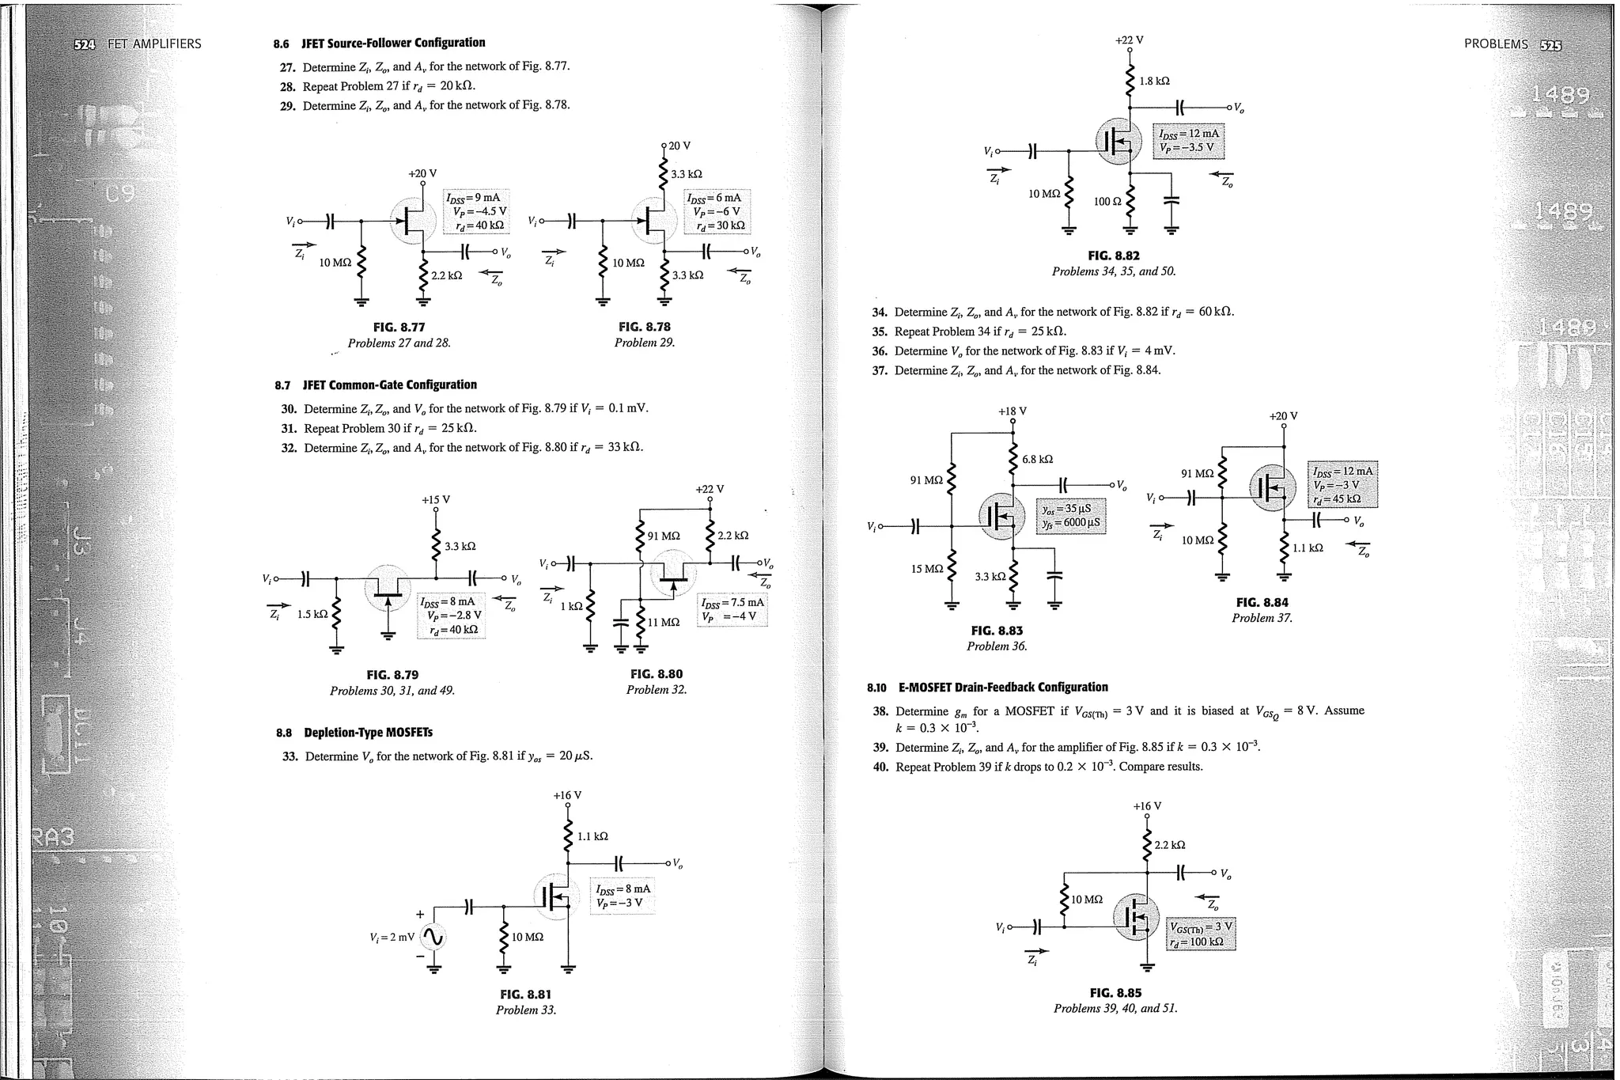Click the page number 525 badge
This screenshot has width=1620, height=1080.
point(1551,44)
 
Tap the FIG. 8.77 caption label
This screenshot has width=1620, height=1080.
point(399,327)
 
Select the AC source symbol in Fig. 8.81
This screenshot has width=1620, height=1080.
point(433,938)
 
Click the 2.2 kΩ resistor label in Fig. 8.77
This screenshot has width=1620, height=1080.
point(446,276)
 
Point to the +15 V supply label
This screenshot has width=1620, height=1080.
point(436,500)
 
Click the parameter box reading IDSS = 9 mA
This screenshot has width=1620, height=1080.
point(475,211)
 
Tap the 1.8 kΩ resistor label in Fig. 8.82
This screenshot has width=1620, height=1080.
point(1154,81)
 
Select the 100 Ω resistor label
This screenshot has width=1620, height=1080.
point(1107,202)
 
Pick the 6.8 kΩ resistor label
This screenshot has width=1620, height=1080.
point(1037,459)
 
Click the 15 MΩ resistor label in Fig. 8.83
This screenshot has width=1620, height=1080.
point(927,569)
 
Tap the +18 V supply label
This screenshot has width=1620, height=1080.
point(1012,411)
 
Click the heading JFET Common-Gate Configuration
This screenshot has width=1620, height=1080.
point(389,385)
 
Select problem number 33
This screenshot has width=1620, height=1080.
point(290,756)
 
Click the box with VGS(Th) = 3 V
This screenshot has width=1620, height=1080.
point(1200,934)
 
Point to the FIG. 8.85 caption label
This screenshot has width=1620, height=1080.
point(1115,993)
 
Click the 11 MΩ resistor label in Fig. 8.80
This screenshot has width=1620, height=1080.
point(664,622)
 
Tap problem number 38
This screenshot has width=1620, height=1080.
point(880,711)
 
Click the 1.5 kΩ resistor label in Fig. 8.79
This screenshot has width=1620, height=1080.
point(312,614)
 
